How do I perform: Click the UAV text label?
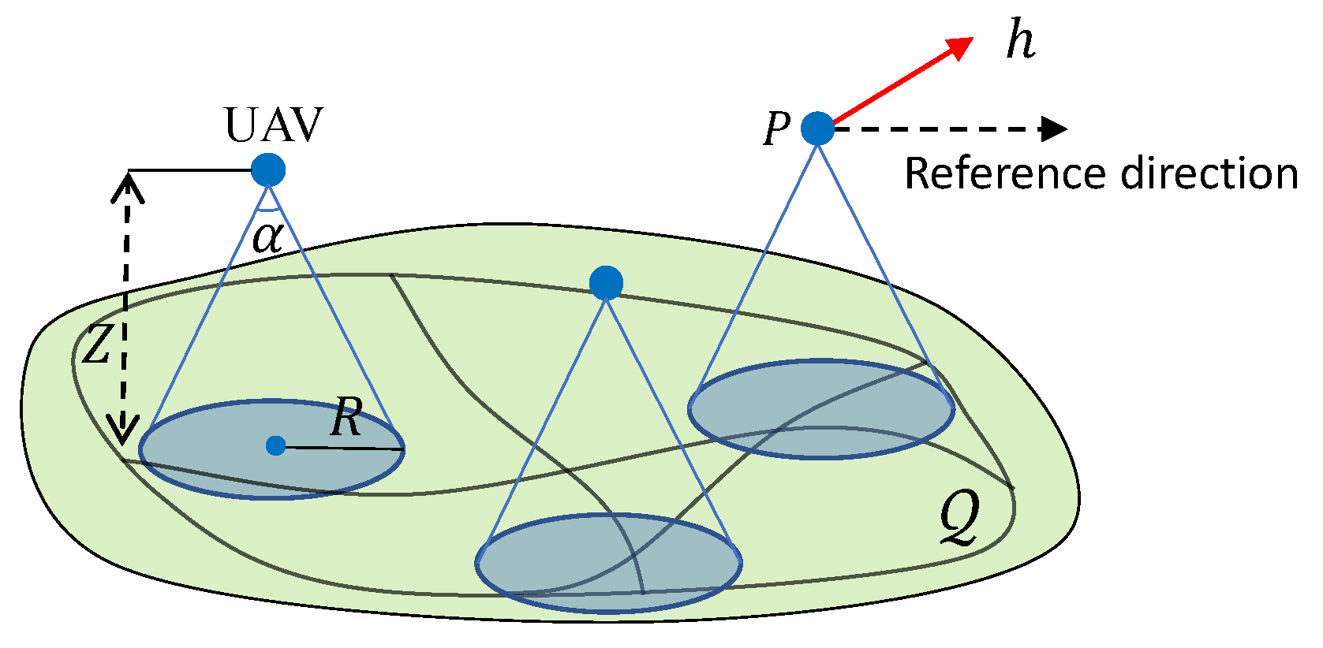(274, 125)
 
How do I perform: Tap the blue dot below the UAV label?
(268, 169)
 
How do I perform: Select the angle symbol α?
(267, 237)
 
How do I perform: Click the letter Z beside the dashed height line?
(96, 345)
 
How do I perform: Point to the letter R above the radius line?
(346, 417)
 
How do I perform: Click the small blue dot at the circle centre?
(275, 445)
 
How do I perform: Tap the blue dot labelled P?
(817, 128)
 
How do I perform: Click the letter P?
(777, 128)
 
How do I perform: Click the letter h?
(1020, 41)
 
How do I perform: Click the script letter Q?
(960, 517)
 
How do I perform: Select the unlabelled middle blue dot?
(606, 282)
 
